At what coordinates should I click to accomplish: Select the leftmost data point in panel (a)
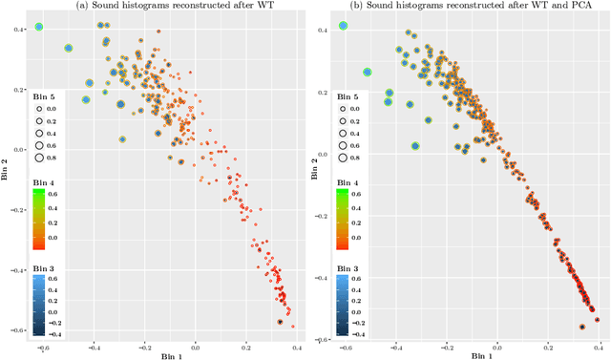click(38, 27)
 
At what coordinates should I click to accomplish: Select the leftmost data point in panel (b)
click(343, 26)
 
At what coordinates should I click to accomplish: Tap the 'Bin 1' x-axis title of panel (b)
click(471, 354)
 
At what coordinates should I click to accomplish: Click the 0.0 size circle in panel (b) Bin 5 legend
click(344, 111)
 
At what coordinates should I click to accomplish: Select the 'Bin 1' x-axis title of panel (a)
click(166, 354)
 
